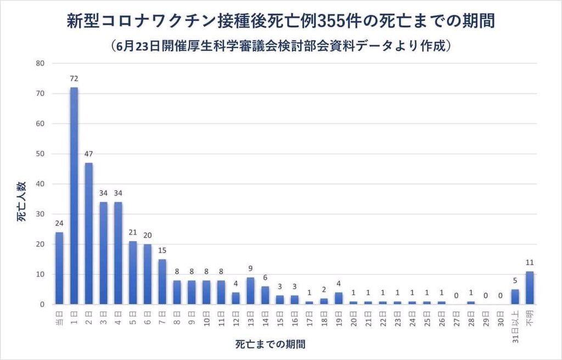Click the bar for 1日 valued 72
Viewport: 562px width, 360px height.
[x=74, y=196]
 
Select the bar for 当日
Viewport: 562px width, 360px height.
[x=59, y=268]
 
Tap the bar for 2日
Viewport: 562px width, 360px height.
[x=89, y=234]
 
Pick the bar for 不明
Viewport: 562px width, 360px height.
[x=530, y=288]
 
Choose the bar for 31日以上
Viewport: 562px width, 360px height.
[x=515, y=297]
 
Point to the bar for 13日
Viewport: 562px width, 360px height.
[x=250, y=291]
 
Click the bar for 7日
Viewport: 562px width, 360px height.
[x=162, y=282]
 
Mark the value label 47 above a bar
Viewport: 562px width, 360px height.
[x=89, y=154]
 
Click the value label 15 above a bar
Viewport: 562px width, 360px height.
[x=162, y=251]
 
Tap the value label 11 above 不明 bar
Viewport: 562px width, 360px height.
[x=530, y=262]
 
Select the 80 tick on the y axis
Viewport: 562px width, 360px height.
[x=40, y=63]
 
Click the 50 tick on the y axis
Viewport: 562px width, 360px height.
[x=40, y=154]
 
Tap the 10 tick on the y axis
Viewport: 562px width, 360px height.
[x=40, y=274]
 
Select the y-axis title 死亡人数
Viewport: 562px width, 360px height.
[x=21, y=206]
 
